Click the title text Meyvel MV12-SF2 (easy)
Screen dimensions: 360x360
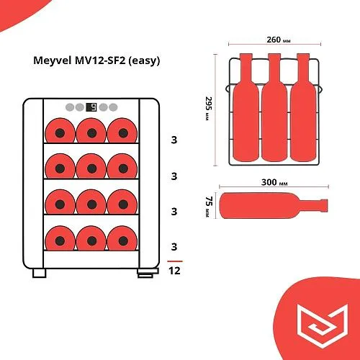(96, 60)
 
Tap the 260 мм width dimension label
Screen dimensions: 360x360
(279, 40)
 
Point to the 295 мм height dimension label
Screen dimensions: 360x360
(209, 109)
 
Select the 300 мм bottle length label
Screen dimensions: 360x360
(274, 182)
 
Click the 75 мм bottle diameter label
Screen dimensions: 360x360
(209, 207)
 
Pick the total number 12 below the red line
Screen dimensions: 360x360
(174, 271)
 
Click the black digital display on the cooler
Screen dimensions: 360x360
(91, 107)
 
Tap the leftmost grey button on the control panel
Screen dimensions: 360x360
(70, 107)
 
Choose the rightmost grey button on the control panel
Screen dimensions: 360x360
(113, 107)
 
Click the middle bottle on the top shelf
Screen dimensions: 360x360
(91, 130)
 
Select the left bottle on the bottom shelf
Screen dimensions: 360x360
(60, 238)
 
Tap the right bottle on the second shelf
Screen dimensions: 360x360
(122, 166)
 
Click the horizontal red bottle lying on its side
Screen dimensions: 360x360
(274, 206)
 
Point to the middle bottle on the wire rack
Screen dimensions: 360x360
(274, 108)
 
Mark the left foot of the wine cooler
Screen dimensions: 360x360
(39, 273)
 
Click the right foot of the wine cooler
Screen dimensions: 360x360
(148, 273)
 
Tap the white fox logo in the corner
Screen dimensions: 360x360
(323, 325)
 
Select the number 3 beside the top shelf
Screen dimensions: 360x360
(174, 140)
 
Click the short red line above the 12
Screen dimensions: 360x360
(175, 261)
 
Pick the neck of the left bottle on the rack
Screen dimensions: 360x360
(246, 66)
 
